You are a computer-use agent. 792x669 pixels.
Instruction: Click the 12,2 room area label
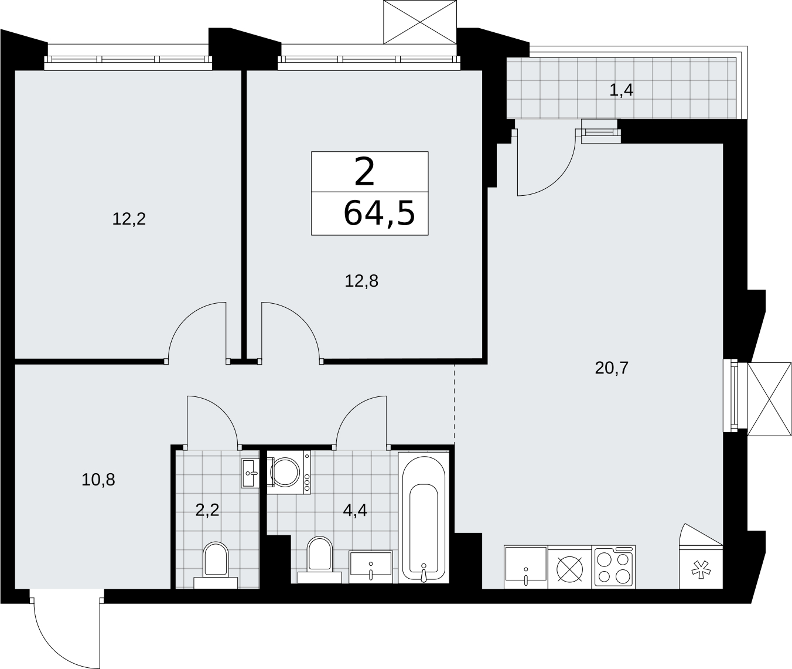coord(129,219)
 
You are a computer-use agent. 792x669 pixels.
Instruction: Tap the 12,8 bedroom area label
coord(361,281)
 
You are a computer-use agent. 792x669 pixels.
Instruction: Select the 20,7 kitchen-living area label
coord(612,368)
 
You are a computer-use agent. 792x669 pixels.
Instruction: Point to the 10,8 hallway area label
coord(98,480)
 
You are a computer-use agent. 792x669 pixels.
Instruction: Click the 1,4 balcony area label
coord(622,90)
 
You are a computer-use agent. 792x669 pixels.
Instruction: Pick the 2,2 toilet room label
coord(207,510)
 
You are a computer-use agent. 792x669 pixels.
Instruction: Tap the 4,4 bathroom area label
coord(355,510)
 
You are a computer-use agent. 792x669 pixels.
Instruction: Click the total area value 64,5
coord(379,214)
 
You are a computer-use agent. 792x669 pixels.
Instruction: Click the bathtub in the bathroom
coord(424,518)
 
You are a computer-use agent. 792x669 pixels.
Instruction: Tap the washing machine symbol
coord(289,473)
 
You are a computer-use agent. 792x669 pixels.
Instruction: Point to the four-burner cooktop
coord(614,567)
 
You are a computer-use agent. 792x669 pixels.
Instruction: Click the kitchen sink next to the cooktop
coord(525,567)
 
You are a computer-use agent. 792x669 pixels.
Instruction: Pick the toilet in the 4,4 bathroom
coord(320,560)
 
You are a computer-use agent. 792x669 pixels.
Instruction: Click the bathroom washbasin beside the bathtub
coord(371,567)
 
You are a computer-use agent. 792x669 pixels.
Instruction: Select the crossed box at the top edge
coord(420,22)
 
